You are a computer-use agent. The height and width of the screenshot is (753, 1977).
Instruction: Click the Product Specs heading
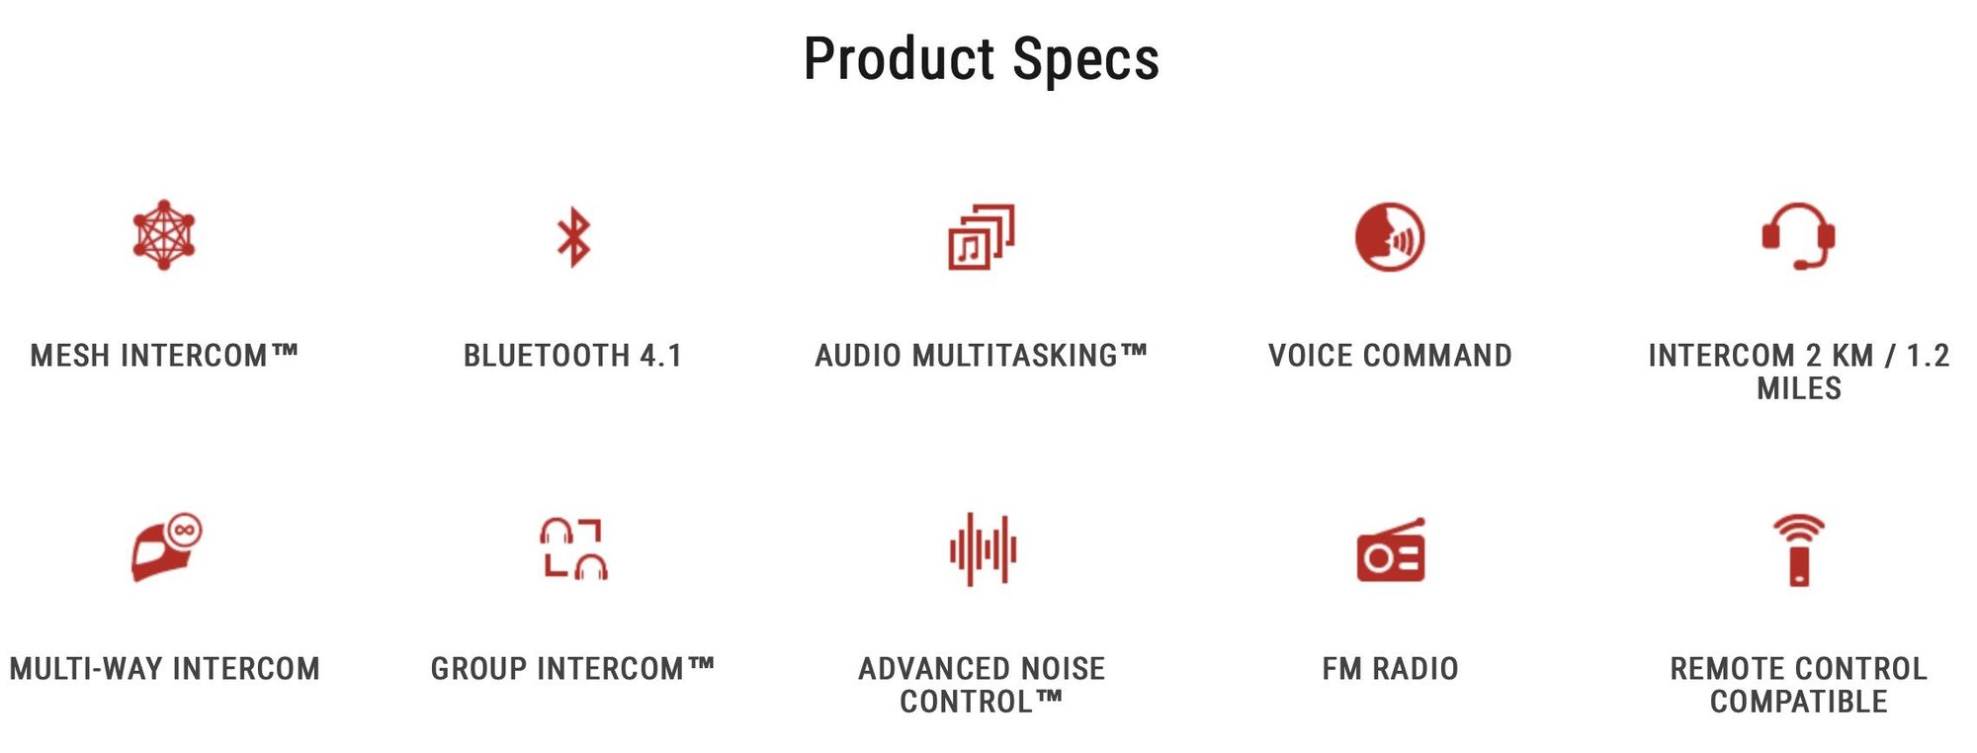point(981,59)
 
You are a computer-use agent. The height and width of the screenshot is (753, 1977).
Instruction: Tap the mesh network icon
point(164,235)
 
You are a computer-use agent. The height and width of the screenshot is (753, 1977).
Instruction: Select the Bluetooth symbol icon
point(573,237)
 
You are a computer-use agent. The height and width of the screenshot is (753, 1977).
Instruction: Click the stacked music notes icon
point(982,236)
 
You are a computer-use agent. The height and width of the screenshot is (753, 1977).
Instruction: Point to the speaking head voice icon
point(1390,237)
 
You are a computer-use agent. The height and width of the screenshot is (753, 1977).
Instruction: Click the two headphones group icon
point(573,548)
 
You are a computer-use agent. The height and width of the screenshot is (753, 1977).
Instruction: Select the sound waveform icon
point(983,549)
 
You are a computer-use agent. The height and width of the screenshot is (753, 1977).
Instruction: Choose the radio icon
point(1391,550)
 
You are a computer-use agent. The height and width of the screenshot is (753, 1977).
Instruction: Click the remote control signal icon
point(1799,550)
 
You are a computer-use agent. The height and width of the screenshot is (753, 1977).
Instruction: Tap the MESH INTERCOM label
point(164,356)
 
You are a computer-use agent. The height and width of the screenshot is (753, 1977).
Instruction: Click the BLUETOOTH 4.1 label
point(573,356)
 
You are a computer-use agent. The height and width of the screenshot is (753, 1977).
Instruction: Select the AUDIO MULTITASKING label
point(982,356)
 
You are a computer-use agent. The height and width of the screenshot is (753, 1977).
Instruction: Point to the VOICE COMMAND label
point(1390,356)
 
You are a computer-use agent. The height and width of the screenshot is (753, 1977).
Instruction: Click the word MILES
point(1799,388)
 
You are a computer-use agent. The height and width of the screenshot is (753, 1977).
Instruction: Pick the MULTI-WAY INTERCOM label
point(164,669)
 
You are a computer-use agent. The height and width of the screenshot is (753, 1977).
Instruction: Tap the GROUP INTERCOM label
point(573,669)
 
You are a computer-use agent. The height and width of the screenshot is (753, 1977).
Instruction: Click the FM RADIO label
point(1390,669)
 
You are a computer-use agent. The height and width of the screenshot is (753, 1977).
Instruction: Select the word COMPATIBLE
point(1799,702)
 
